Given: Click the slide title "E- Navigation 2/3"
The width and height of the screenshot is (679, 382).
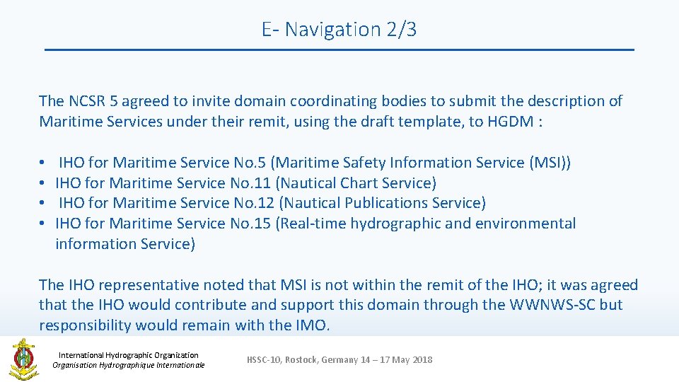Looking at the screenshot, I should point(339,29).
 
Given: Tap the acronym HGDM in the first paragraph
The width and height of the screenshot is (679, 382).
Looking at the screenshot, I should point(511,121).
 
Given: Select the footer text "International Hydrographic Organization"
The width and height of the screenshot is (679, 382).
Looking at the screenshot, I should point(128,355).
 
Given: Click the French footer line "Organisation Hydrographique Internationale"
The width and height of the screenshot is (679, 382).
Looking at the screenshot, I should point(128,365).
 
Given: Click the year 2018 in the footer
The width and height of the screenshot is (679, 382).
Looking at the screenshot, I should point(422,360).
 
